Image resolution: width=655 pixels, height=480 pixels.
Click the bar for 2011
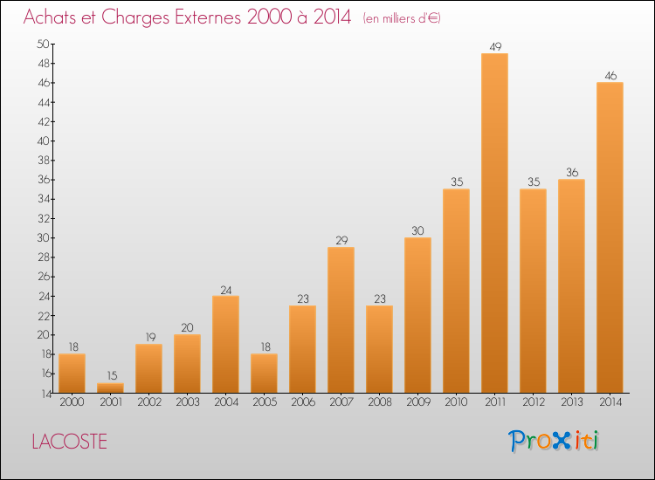494,223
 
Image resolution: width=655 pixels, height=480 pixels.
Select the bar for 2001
110,387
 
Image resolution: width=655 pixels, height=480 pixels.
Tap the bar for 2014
610,237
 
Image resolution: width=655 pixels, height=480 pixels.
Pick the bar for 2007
341,319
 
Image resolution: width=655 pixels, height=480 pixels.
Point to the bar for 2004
225,344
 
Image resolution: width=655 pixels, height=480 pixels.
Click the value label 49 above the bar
494,46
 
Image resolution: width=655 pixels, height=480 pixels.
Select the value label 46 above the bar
610,76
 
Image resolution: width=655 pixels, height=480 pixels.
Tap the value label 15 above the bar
110,376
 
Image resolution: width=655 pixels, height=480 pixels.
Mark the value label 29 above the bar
341,240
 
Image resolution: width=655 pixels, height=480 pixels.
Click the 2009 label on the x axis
417,401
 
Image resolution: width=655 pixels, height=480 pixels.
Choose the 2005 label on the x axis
264,401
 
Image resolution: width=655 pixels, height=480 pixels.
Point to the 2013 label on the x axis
571,401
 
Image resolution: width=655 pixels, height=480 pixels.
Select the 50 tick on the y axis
42,44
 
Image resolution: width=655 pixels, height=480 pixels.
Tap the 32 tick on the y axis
42,218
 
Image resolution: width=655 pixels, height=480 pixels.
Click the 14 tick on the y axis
42,393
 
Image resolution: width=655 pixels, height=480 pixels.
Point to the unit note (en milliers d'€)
402,18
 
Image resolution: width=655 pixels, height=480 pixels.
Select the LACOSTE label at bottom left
69,442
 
